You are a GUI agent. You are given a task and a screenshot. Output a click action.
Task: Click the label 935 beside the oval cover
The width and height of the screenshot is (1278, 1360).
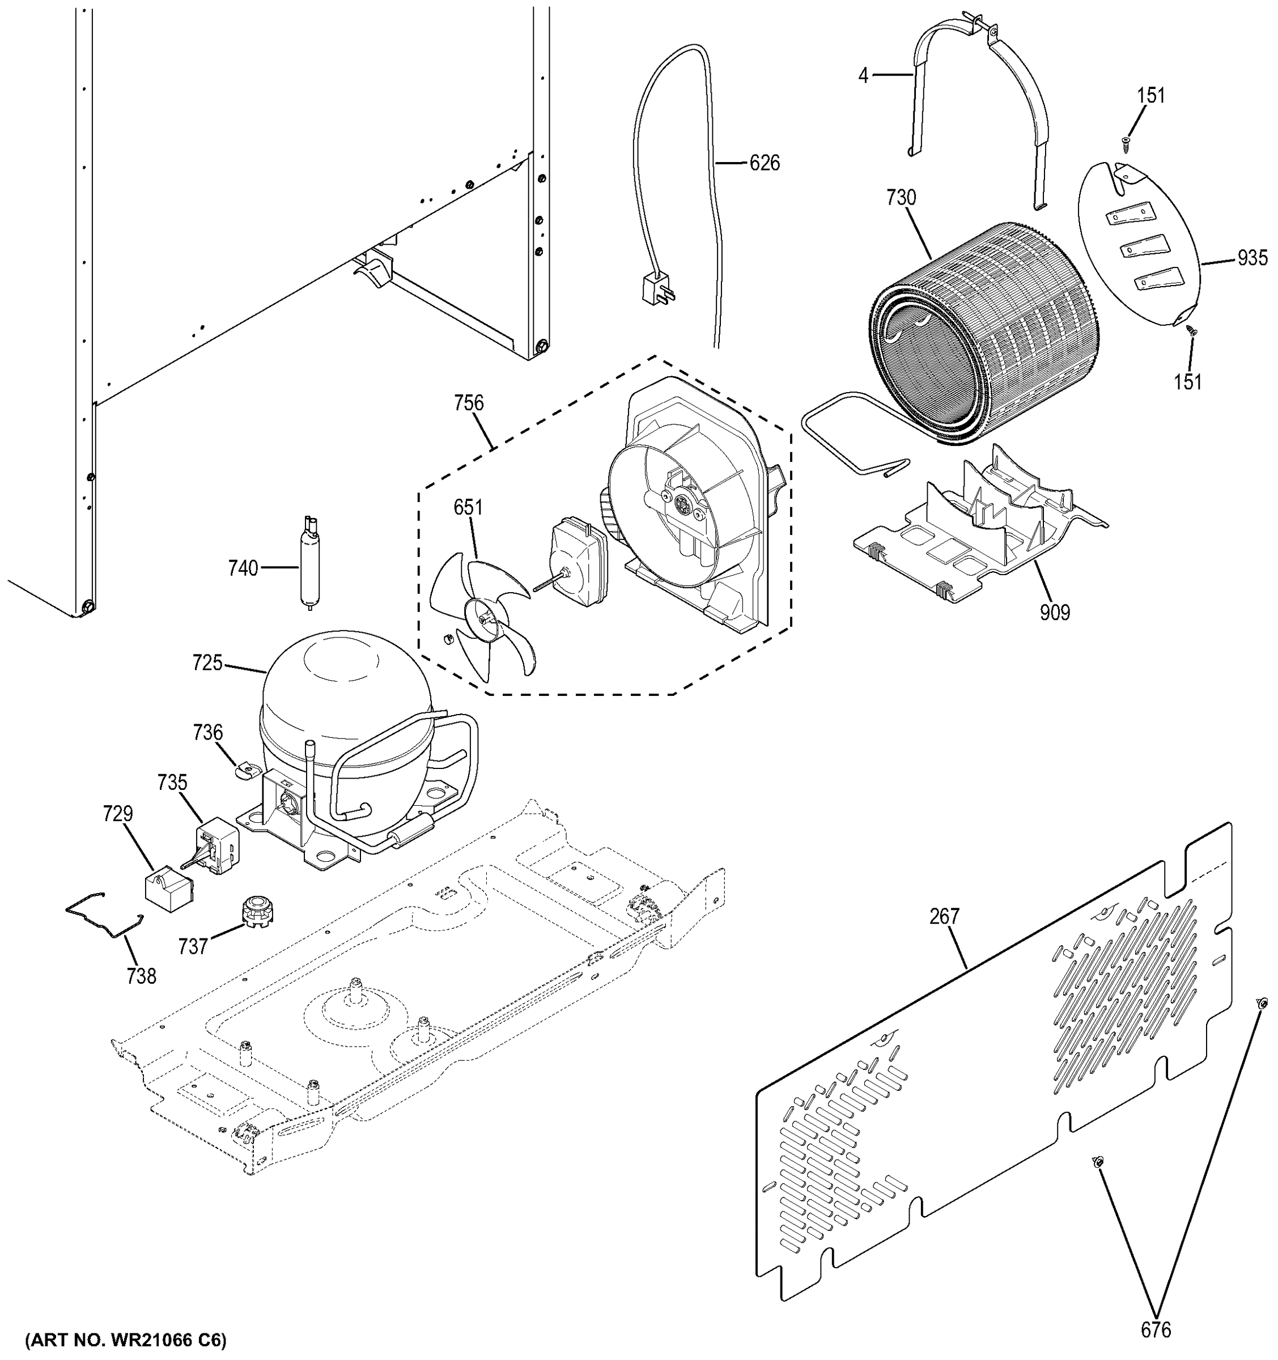(1252, 258)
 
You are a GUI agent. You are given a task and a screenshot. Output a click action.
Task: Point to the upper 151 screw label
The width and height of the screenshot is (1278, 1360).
(1152, 96)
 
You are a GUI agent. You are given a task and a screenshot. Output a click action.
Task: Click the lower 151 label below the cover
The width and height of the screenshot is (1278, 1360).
(1188, 382)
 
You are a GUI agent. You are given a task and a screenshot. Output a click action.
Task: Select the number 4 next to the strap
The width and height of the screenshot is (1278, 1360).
(863, 75)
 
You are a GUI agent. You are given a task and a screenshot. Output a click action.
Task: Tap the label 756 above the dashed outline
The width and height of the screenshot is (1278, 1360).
(469, 403)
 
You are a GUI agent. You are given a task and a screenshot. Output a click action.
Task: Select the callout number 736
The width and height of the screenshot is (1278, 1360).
(207, 733)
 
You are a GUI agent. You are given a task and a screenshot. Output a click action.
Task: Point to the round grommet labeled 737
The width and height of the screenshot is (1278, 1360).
(254, 910)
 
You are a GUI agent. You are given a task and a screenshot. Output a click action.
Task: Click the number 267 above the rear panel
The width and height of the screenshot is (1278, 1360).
(944, 916)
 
